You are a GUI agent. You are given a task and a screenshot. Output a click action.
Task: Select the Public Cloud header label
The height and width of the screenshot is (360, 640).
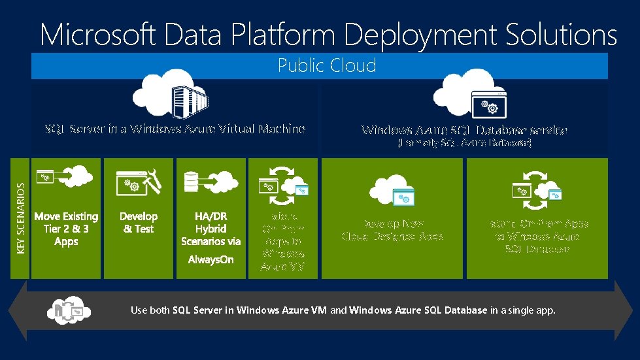[326, 65]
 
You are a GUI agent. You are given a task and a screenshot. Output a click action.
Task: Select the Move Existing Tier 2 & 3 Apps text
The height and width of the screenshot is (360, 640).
[66, 229]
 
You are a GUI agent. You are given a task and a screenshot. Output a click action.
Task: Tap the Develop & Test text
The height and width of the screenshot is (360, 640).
[139, 222]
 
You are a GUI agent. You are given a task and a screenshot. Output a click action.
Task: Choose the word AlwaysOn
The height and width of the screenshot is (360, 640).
[211, 260]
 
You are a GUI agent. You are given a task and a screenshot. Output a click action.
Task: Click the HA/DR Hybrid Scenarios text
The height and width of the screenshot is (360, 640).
[211, 229]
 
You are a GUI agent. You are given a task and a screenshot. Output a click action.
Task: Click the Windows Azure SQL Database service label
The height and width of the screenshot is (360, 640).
[465, 130]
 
